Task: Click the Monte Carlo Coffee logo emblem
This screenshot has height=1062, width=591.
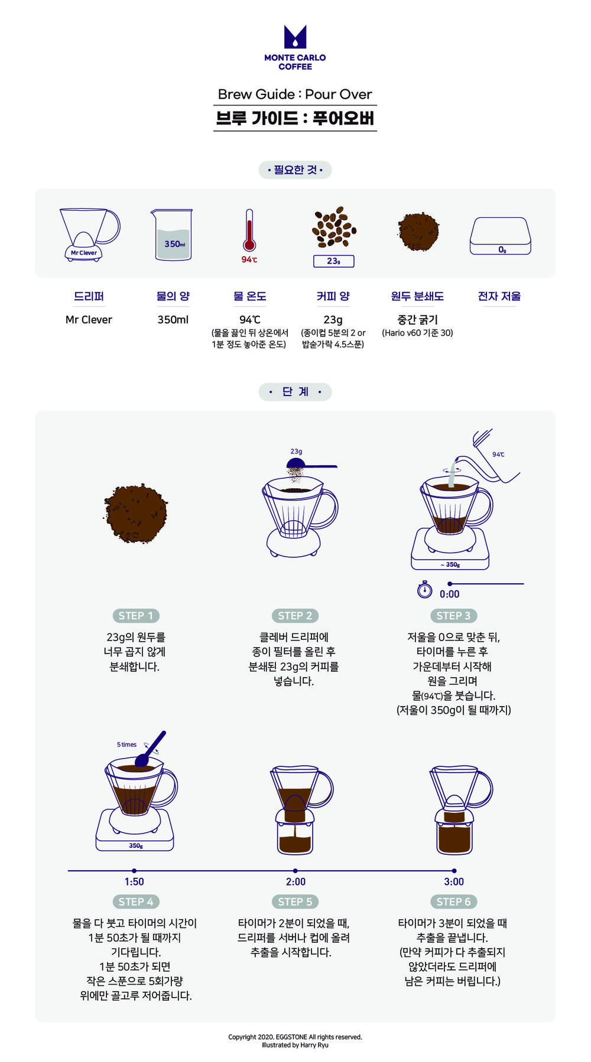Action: [295, 37]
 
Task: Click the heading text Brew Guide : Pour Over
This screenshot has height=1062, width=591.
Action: [295, 94]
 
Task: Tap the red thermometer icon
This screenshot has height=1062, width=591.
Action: [249, 231]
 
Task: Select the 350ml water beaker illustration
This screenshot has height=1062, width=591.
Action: [171, 234]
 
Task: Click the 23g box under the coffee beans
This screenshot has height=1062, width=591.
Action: [333, 261]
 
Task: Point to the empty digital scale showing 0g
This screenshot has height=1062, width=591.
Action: [500, 236]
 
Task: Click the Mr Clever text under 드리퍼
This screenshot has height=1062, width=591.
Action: [89, 319]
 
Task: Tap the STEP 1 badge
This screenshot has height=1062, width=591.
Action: [135, 616]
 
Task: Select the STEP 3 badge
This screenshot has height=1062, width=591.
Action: [453, 616]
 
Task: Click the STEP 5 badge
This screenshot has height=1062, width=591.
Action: [295, 901]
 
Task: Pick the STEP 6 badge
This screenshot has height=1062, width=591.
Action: [453, 901]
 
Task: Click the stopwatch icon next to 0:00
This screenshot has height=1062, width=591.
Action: [424, 589]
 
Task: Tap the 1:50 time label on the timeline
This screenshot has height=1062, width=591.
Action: [134, 881]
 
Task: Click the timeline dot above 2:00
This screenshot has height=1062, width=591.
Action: [295, 871]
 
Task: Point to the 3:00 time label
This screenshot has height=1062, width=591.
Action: [454, 881]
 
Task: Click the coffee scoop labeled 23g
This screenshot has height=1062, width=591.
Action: [311, 465]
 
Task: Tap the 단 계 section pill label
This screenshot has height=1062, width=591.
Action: [295, 391]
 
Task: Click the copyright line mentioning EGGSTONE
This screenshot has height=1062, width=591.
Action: [295, 1037]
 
